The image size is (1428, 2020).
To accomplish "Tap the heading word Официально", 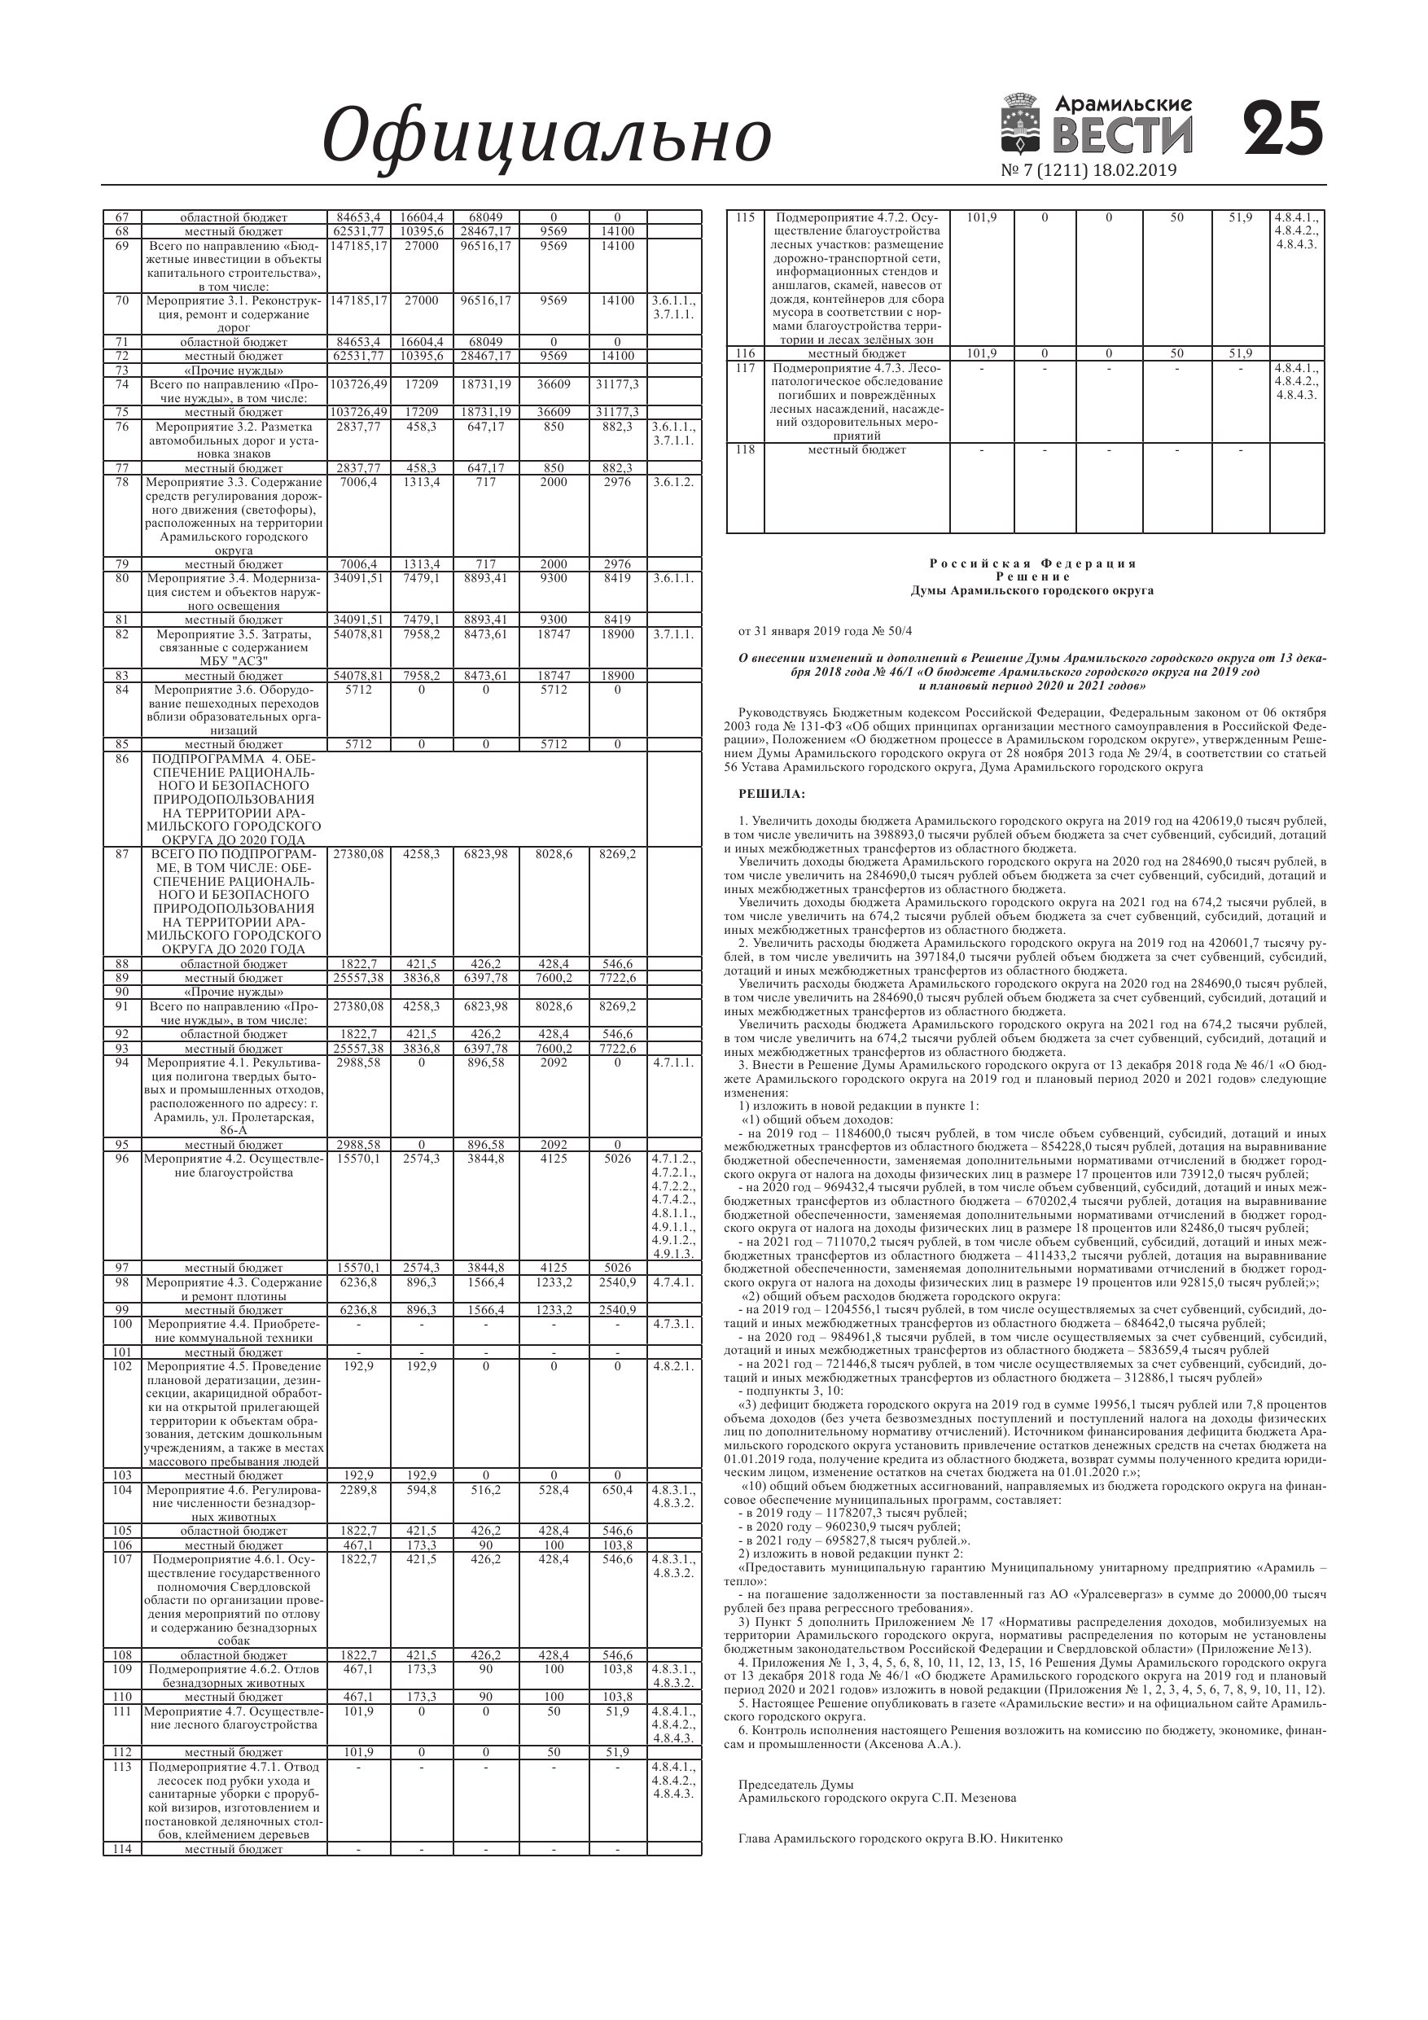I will pyautogui.click(x=546, y=138).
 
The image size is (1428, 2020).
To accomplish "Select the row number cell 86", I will pyautogui.click(x=122, y=757).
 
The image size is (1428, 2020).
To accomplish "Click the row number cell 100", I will pyautogui.click(x=122, y=1324).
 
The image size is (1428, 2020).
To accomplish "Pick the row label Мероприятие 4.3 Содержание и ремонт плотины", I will pyautogui.click(x=234, y=1289).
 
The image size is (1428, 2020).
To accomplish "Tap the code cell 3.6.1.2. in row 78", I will pyautogui.click(x=674, y=482).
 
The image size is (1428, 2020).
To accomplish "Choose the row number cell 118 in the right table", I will pyautogui.click(x=745, y=449).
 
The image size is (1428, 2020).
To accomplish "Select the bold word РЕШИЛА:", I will pyautogui.click(x=772, y=795).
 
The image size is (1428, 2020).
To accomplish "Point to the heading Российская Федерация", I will pyautogui.click(x=1032, y=563).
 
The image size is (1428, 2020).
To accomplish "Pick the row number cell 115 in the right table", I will pyautogui.click(x=745, y=217).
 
